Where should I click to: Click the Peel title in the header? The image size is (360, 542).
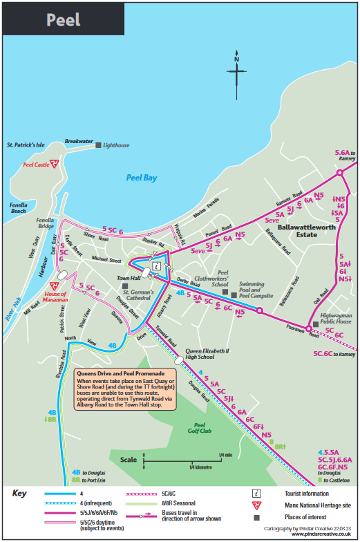pos(63,19)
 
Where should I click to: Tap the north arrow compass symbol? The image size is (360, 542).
pos(236,72)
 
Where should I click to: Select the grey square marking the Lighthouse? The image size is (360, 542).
pos(98,145)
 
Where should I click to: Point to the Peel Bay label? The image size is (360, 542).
pos(142,178)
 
